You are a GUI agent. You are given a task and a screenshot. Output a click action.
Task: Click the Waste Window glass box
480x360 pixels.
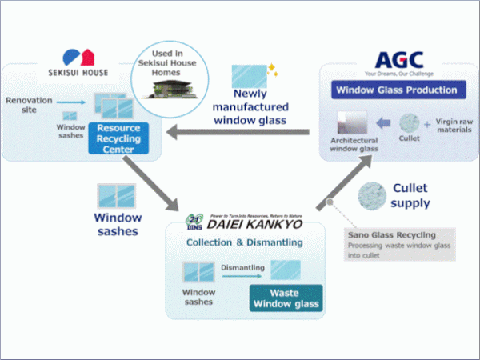pyautogui.click(x=286, y=297)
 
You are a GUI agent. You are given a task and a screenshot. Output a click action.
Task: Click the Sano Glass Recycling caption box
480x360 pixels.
pyautogui.click(x=393, y=243)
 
